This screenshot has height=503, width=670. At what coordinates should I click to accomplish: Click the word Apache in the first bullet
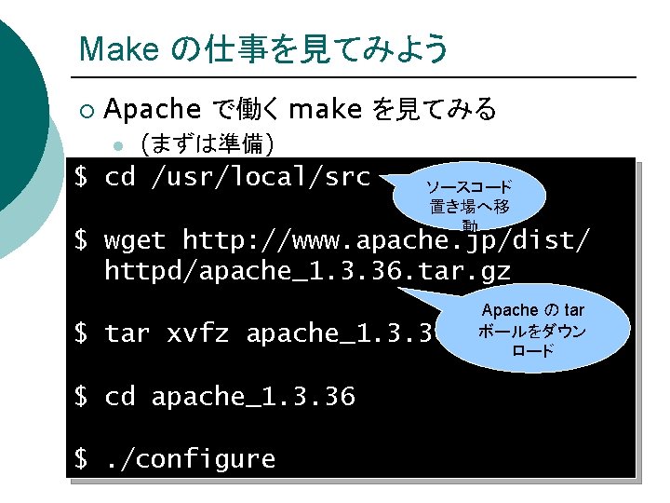click(153, 110)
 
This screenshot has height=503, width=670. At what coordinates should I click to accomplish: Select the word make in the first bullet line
click(325, 110)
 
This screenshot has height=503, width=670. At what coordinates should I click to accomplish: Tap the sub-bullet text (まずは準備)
click(206, 144)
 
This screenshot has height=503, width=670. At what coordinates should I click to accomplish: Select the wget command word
click(135, 240)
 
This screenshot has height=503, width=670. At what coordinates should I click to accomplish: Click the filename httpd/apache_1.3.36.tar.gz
click(307, 271)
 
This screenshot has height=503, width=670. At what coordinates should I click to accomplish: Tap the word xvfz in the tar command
click(198, 333)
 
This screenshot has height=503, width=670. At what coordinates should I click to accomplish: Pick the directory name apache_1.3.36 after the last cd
click(253, 397)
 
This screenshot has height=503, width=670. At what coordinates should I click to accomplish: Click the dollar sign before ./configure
click(81, 458)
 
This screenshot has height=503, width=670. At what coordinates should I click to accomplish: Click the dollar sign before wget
click(81, 240)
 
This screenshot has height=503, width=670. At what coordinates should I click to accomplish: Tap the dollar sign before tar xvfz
click(81, 333)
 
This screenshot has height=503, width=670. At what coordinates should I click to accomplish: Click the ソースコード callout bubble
click(469, 197)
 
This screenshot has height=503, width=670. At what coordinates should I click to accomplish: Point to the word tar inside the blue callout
click(574, 310)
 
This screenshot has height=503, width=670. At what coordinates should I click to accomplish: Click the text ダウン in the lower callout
click(567, 331)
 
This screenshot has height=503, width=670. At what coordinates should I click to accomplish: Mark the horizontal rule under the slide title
click(354, 76)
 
